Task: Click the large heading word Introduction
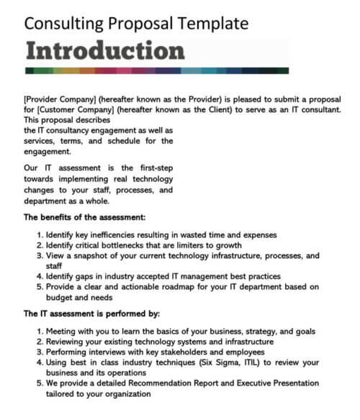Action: click(105, 51)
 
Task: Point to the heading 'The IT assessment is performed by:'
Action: click(91, 314)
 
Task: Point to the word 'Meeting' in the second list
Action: click(62, 332)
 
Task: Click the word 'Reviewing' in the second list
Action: click(66, 342)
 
